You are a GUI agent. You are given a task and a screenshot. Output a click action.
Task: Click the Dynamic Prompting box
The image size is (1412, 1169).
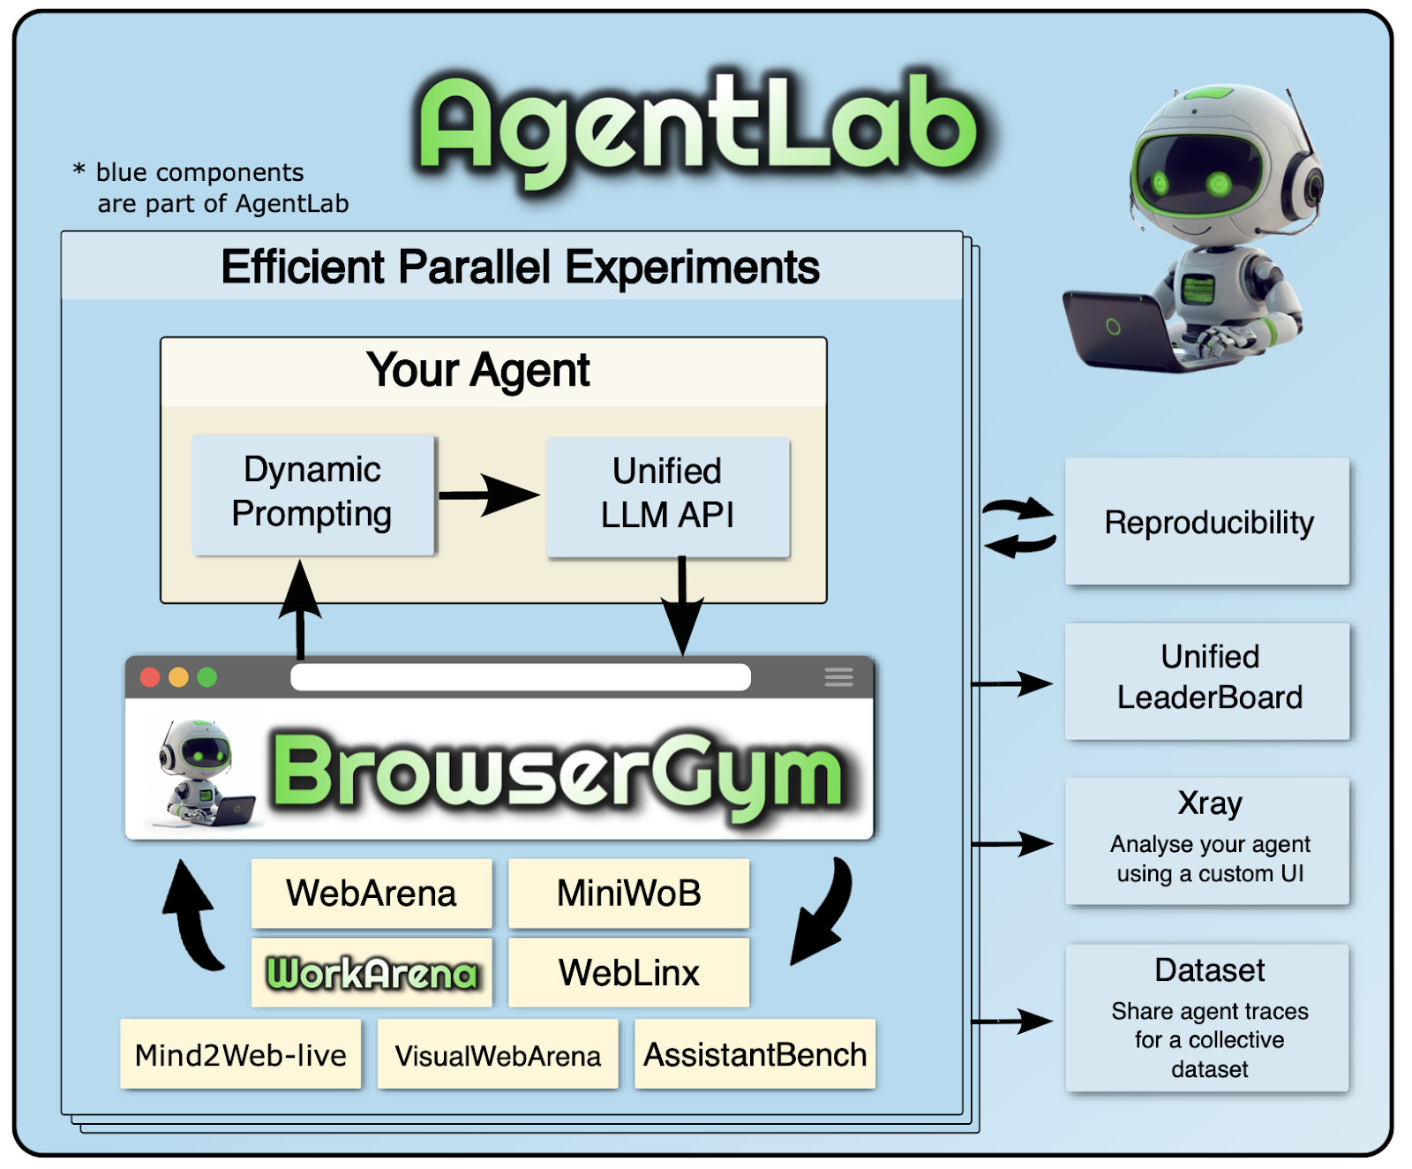click(313, 494)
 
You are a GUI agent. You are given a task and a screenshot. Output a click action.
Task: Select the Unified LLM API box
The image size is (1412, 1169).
click(667, 495)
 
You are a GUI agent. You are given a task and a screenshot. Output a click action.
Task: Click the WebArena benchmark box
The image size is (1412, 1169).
click(372, 893)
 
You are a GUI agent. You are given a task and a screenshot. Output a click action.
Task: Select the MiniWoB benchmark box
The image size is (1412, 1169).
click(628, 893)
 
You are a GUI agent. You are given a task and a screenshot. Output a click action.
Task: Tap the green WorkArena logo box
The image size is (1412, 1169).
click(372, 972)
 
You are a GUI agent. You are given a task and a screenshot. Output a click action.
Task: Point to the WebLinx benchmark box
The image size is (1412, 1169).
click(628, 972)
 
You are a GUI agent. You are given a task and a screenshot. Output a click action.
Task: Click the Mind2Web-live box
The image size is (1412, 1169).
click(240, 1054)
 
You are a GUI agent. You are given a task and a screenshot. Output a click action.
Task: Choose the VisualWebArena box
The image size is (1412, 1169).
click(498, 1054)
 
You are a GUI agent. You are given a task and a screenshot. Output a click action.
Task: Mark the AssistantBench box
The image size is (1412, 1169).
click(755, 1054)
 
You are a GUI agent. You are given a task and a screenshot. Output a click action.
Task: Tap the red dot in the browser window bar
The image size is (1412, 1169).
click(150, 677)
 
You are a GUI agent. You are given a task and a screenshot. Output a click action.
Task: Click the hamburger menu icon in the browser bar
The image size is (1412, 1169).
click(838, 677)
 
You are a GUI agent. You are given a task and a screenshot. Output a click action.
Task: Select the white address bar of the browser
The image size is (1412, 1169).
click(521, 677)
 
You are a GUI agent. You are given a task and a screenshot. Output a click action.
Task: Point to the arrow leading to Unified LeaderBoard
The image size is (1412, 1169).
click(1012, 683)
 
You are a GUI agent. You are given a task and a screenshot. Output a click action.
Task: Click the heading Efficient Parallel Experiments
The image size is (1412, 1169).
click(520, 267)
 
